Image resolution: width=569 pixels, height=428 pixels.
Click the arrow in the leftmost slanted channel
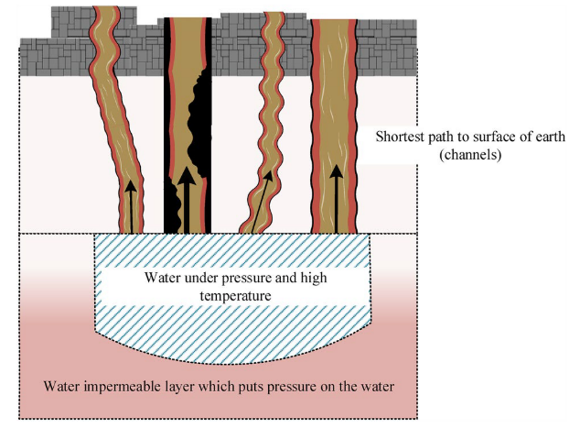coord(131,203)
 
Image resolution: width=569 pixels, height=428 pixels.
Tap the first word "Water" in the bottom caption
coord(61,386)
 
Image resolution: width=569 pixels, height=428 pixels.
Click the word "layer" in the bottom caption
coord(173,386)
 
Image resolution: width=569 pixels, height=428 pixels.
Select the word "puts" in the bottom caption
coord(246,386)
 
